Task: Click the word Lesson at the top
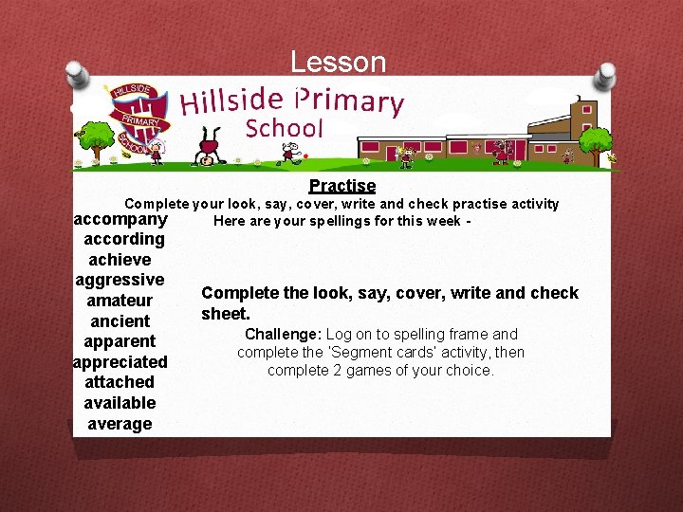[338, 63]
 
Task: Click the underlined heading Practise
[341, 186]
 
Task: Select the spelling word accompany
[120, 219]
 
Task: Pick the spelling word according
[123, 239]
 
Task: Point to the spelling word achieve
[120, 259]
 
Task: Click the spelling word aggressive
[120, 280]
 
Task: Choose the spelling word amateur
[120, 301]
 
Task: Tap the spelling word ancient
[120, 320]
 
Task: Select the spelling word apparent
[120, 341]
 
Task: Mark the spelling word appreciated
[120, 362]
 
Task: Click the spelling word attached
[120, 382]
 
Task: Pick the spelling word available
[120, 403]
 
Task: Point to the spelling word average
[120, 424]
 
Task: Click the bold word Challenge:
[284, 334]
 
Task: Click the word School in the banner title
[285, 128]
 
